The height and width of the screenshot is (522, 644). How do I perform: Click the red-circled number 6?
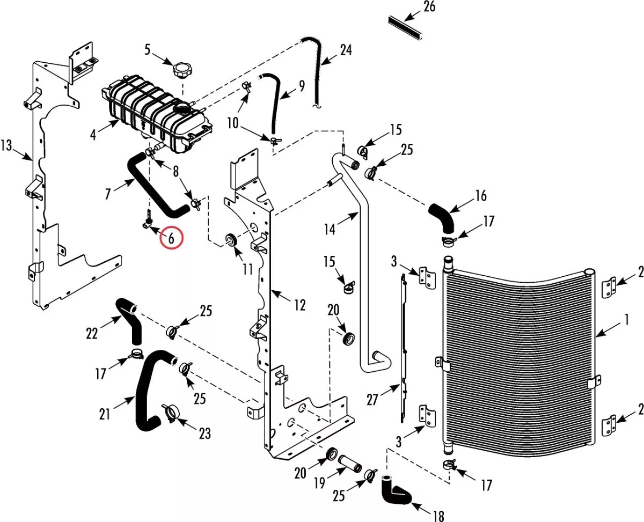click(171, 238)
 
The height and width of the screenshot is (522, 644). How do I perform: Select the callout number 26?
click(429, 6)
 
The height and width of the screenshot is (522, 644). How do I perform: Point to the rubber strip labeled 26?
click(405, 28)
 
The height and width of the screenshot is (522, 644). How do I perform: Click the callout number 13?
click(6, 145)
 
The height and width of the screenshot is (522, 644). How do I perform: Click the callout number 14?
click(330, 230)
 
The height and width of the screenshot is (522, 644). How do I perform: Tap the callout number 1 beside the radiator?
click(626, 320)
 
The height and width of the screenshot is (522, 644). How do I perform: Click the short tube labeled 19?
click(350, 462)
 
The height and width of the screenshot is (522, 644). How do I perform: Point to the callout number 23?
click(204, 433)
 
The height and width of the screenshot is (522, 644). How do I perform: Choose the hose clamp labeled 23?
click(171, 414)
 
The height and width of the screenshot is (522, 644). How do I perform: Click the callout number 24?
click(346, 50)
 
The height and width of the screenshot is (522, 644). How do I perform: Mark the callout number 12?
click(299, 305)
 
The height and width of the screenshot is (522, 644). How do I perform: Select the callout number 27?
click(372, 400)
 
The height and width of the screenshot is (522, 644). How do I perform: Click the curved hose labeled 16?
click(442, 218)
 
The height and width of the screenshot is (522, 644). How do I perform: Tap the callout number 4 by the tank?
click(93, 135)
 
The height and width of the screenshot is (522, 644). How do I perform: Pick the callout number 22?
click(92, 334)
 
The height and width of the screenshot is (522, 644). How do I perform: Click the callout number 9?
click(302, 86)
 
